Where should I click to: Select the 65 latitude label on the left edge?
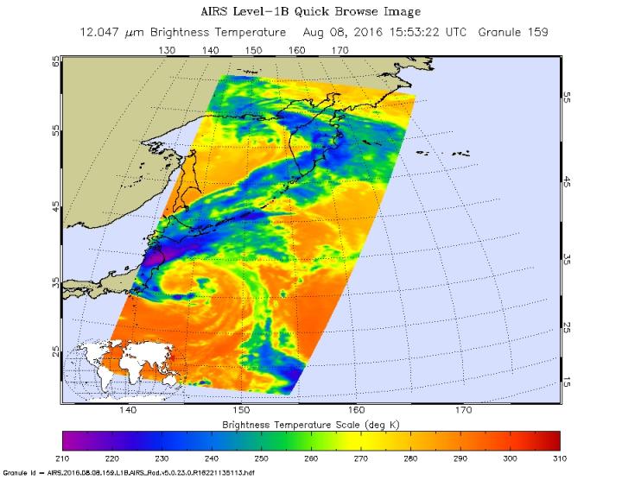56,62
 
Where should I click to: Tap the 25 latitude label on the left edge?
56,351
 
